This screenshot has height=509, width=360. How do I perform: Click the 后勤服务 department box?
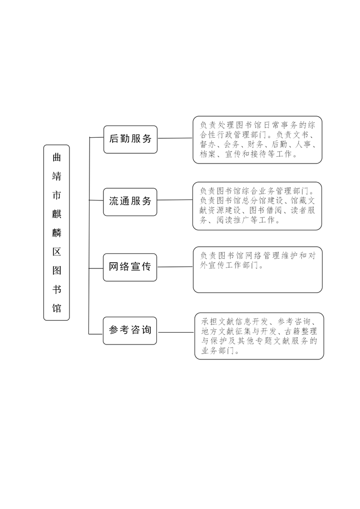(130, 139)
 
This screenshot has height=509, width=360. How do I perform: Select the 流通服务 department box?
(130, 202)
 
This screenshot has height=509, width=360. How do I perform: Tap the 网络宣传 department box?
(130, 267)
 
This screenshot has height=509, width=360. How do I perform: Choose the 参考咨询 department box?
(130, 331)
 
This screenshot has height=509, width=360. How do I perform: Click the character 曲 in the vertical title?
(57, 157)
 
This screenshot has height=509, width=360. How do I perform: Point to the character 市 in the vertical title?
(57, 195)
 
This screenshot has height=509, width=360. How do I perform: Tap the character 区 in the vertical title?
(57, 251)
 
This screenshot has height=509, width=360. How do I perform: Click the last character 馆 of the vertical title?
(57, 308)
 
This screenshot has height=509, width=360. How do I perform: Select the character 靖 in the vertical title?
(57, 176)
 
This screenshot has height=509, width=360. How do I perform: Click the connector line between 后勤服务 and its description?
(175, 138)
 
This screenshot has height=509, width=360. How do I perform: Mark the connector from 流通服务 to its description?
(175, 200)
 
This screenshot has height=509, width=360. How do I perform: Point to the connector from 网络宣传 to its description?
(175, 267)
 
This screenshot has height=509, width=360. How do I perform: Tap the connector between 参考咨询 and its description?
(175, 333)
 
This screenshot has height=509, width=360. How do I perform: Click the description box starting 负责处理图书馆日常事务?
(258, 140)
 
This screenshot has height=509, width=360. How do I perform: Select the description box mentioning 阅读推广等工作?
(257, 206)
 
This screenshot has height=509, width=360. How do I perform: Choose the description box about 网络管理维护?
(258, 270)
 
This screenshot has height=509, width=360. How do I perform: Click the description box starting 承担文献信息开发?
(259, 336)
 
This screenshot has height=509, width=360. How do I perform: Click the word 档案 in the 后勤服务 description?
(208, 154)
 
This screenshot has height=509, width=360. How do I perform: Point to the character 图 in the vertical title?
(57, 270)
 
